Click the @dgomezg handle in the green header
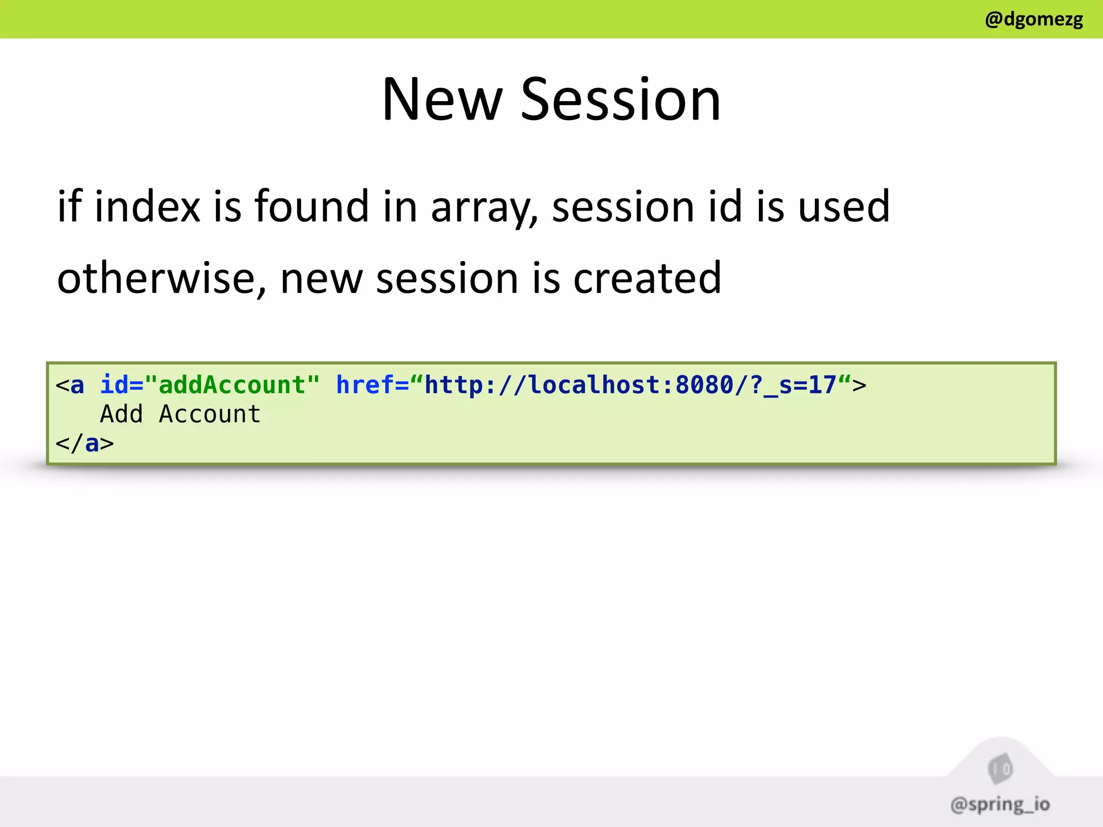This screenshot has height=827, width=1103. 1034,19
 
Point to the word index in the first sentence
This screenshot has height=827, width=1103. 147,207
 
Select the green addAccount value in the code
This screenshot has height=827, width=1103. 232,385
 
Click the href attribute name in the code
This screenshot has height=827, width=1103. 365,385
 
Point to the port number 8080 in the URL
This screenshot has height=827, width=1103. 704,385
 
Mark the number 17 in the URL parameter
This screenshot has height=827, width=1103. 822,385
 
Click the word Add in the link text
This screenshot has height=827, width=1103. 122,414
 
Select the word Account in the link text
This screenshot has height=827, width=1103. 210,414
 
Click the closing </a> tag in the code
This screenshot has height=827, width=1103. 85,444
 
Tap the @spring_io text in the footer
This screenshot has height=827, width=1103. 1000,804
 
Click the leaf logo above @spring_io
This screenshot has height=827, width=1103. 1000,769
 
